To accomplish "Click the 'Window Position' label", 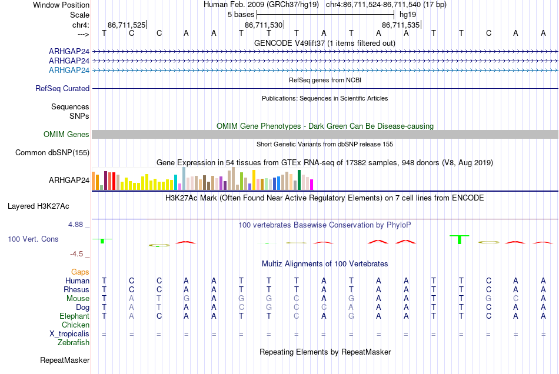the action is click(61, 5).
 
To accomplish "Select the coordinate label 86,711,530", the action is click(264, 25).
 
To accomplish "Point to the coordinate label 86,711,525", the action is click(127, 25).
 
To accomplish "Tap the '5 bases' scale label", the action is click(241, 15).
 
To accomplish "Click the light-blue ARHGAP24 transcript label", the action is click(69, 70).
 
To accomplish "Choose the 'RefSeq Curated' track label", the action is click(62, 88).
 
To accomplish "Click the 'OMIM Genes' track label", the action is click(66, 134).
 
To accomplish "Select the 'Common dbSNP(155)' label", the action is click(52, 152).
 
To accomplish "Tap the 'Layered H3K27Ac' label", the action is click(38, 206).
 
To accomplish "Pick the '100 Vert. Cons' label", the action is click(33, 239).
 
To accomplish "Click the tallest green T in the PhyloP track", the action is click(460, 239).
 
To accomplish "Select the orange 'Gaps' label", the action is click(80, 272).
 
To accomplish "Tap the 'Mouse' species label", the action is click(78, 299).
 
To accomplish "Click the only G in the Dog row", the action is click(269, 308).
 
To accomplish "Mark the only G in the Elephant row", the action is click(351, 316).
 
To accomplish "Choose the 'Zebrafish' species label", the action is click(74, 343).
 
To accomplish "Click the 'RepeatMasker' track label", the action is click(65, 360).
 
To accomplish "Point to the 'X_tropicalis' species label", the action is click(69, 334).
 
